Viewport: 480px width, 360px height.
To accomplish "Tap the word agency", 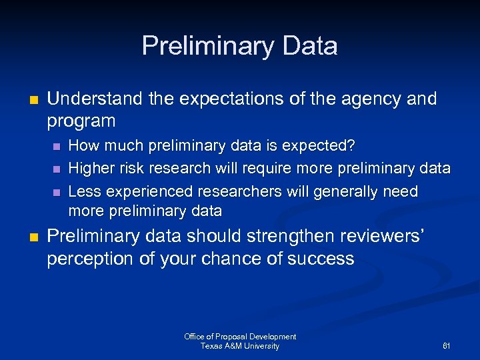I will coord(373,99).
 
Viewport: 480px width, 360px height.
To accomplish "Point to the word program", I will coord(81,121).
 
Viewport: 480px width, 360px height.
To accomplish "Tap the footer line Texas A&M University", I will coord(240,346).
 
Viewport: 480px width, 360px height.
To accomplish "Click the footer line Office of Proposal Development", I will coord(240,337).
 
